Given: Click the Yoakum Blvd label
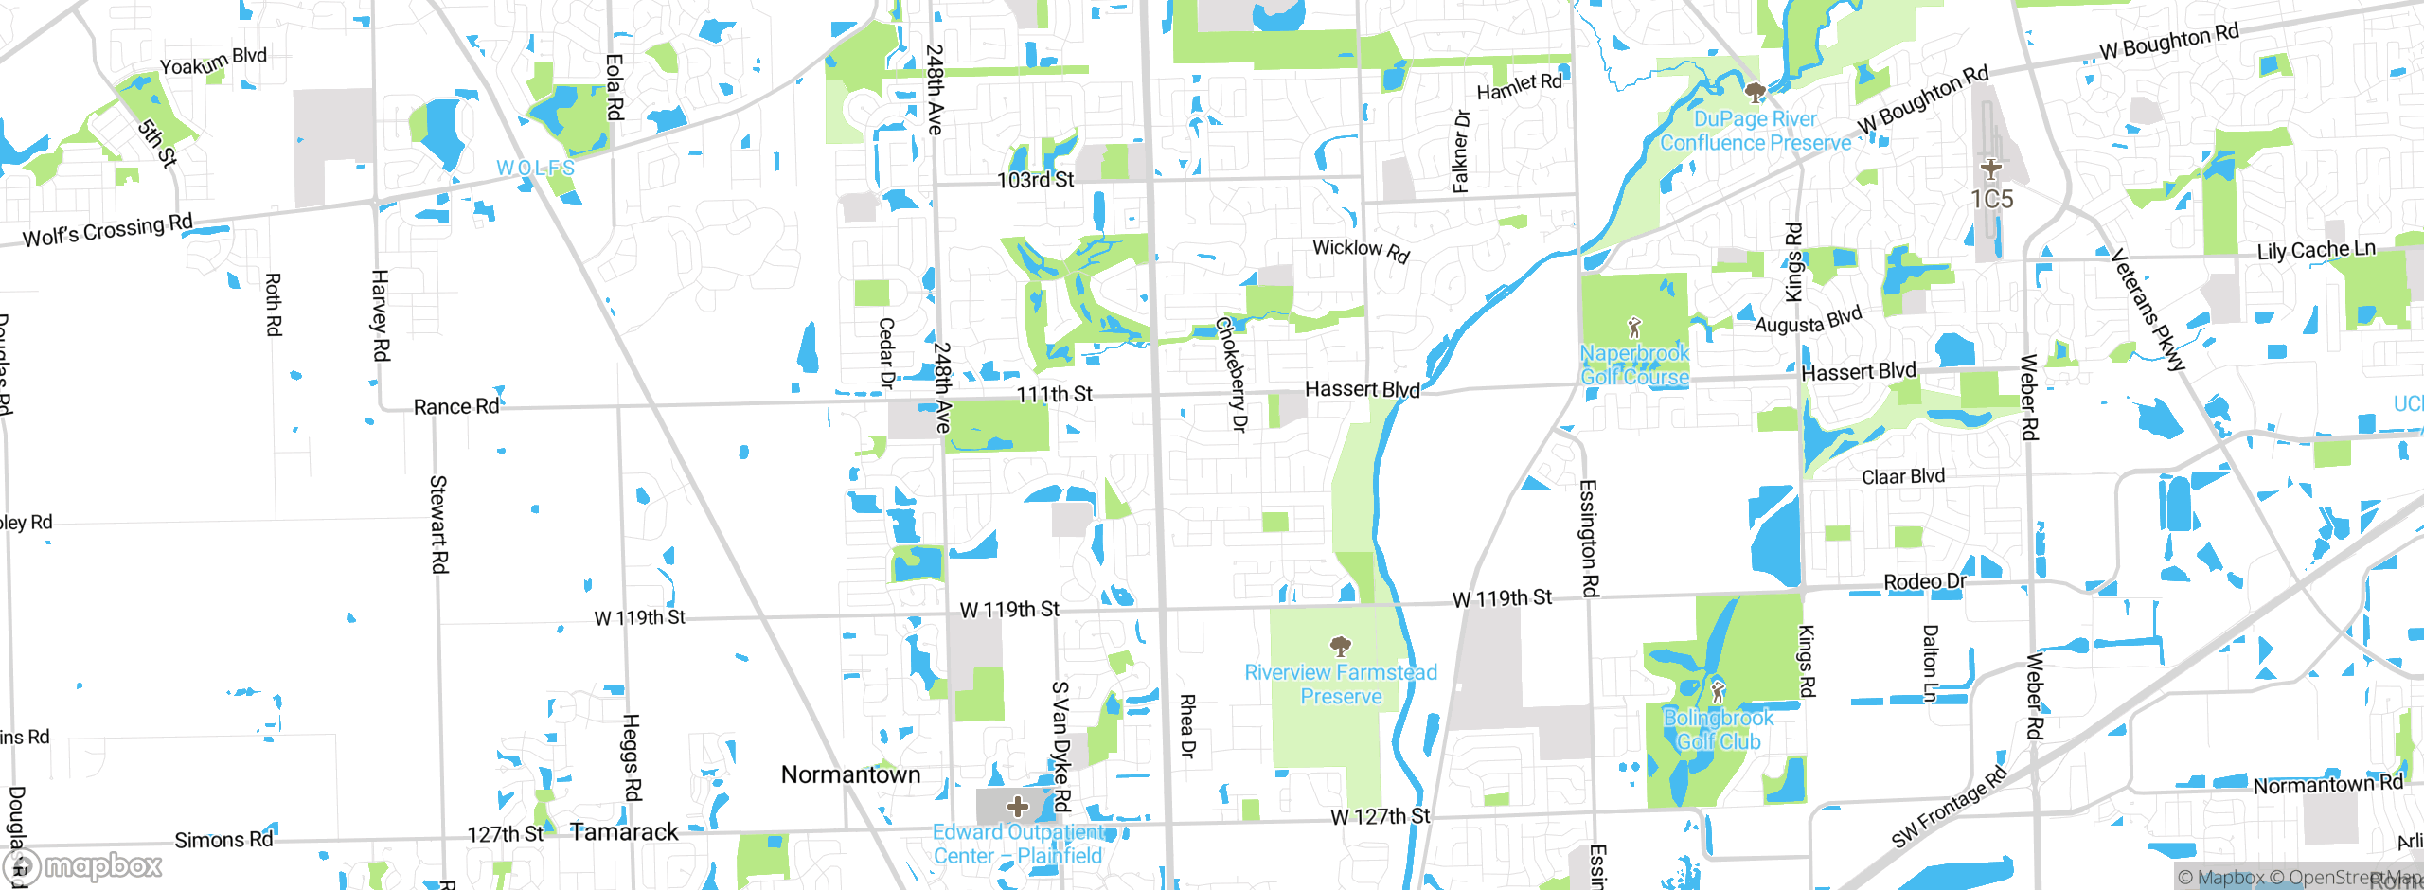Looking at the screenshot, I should tap(213, 61).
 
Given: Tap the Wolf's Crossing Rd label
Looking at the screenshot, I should tap(107, 230).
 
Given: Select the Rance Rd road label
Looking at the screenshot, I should tap(456, 406).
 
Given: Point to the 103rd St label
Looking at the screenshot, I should tap(1035, 180).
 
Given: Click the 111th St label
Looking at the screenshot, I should tap(1054, 394).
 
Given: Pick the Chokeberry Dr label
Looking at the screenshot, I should tap(1232, 374).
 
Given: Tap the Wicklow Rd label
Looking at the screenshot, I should tap(1361, 250).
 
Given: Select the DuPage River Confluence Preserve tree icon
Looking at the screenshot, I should tap(1755, 93).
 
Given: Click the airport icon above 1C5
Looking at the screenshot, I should tap(1991, 169).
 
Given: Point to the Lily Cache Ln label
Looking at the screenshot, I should tap(2316, 250).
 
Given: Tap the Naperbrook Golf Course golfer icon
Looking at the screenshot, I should tap(1634, 329).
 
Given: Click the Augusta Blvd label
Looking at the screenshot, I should tap(1808, 320).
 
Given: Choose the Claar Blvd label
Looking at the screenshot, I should tap(1903, 476).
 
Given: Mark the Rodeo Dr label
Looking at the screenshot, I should tap(1925, 581).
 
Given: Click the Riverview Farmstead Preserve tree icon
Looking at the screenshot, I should tap(1340, 647).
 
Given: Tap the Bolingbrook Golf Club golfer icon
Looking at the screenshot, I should tap(1718, 690).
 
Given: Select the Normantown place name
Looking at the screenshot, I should tap(850, 774).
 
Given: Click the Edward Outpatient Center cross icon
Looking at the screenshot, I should tap(1018, 807).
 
